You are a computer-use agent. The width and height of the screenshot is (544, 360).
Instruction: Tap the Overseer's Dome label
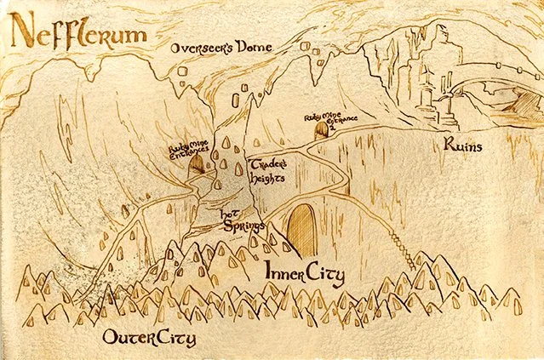[x=220, y=48]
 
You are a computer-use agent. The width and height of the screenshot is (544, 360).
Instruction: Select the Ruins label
[x=465, y=146]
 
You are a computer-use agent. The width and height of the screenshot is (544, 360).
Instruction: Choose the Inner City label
[x=303, y=274]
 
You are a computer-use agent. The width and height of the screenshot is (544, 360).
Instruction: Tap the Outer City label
[x=148, y=338]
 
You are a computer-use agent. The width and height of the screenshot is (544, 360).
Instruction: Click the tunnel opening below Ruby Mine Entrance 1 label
[x=197, y=164]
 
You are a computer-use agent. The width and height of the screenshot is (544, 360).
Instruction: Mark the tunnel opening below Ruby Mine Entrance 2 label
[x=322, y=131]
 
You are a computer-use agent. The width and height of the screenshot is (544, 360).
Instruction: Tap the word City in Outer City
[x=175, y=338]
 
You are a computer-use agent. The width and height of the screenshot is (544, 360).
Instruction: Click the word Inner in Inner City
[x=283, y=274]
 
